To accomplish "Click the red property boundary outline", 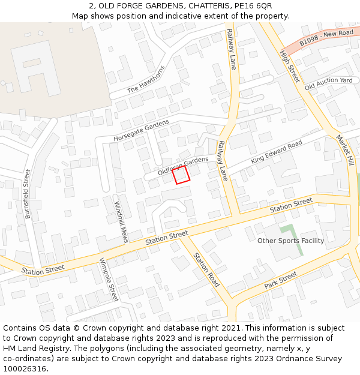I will coord(181,175).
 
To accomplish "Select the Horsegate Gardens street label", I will coord(141,131).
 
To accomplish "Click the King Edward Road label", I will coord(277,152).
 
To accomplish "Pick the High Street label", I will coord(289,66).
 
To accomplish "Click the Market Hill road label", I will coord(345,151).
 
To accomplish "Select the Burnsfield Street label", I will coord(27,193).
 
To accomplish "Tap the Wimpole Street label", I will coord(109,280).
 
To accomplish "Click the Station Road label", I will coord(206,269).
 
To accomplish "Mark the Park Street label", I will coord(280,280).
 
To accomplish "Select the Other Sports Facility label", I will coord(290,241).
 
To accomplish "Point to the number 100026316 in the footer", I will coord(25,368).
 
